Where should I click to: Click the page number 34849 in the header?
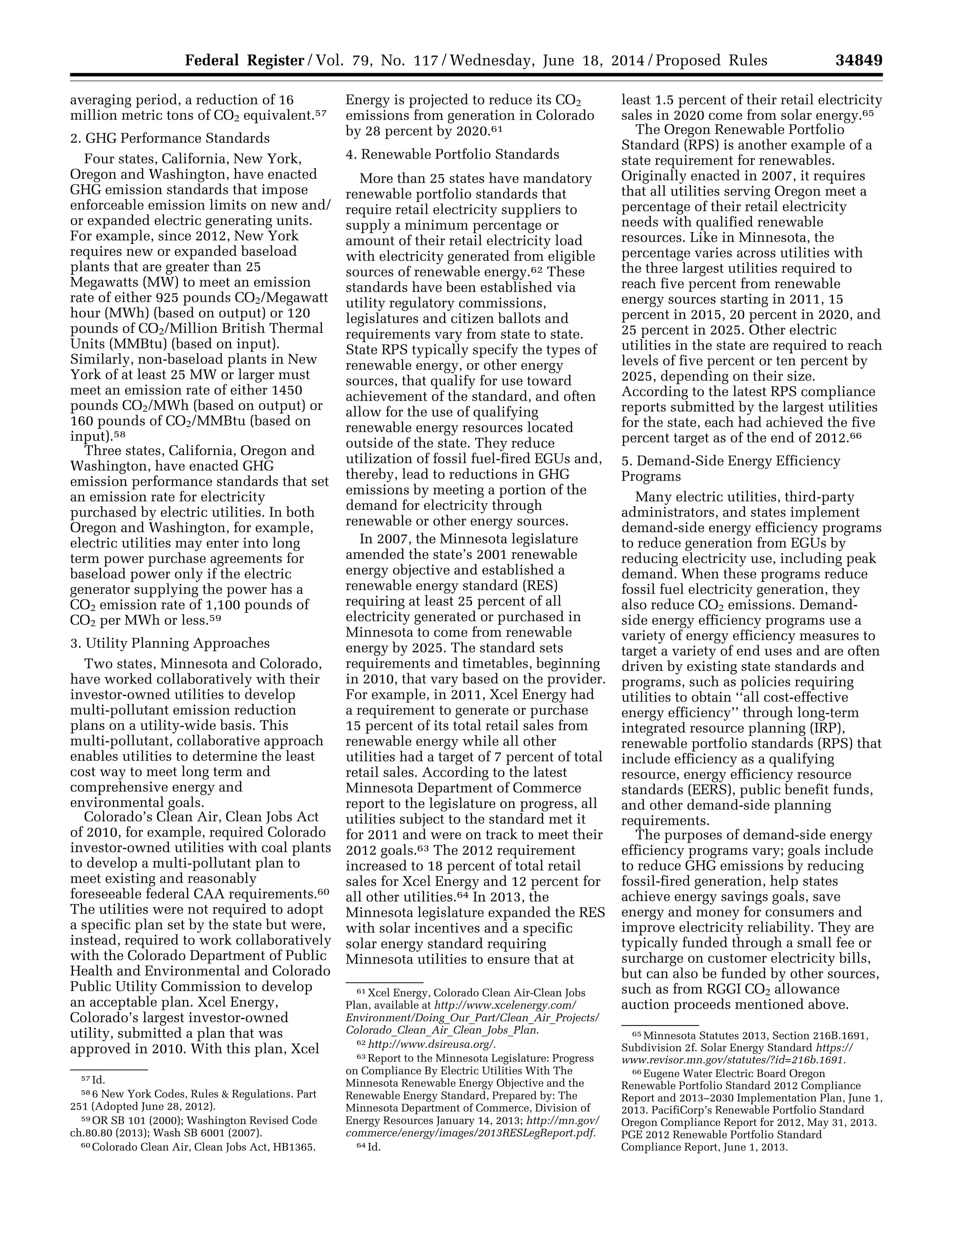[859, 60]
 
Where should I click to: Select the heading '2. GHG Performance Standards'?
[170, 138]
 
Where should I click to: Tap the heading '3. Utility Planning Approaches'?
[170, 643]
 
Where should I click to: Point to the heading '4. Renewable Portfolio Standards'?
[452, 154]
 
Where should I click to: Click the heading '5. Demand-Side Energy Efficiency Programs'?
[731, 469]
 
